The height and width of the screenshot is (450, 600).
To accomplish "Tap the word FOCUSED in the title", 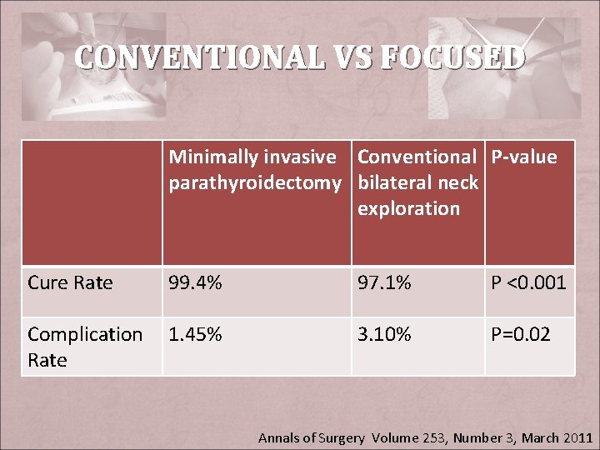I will pyautogui.click(x=452, y=58).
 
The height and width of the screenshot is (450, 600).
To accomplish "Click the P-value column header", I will pyautogui.click(x=523, y=157).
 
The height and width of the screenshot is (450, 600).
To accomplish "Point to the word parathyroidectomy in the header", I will pyautogui.click(x=255, y=182).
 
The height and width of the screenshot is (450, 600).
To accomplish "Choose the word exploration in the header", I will pyautogui.click(x=408, y=208).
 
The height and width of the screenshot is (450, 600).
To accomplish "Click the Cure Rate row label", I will pyautogui.click(x=70, y=282).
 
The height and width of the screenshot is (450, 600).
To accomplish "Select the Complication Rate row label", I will pyautogui.click(x=85, y=347).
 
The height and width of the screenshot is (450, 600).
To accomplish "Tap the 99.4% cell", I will pyautogui.click(x=195, y=282).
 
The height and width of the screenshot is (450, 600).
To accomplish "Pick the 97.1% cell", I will pyautogui.click(x=384, y=282).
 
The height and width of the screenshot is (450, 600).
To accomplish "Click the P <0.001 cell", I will pyautogui.click(x=528, y=282).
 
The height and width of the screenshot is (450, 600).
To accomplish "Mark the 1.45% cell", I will pyautogui.click(x=195, y=334).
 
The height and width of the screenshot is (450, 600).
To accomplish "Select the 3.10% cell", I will pyautogui.click(x=384, y=334).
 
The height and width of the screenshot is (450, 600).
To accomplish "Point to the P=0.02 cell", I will pyautogui.click(x=521, y=334).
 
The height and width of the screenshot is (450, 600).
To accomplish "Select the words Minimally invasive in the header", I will pyautogui.click(x=252, y=157).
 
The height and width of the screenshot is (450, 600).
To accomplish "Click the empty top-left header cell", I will pyautogui.click(x=92, y=202).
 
